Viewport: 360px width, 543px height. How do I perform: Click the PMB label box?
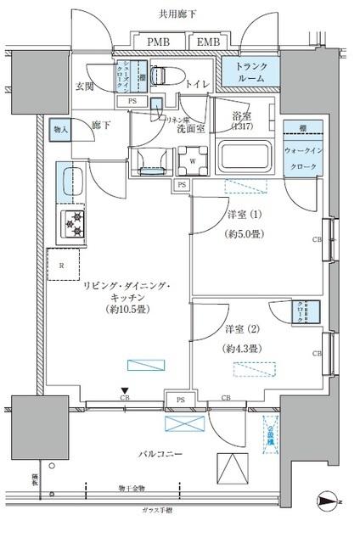click(157, 42)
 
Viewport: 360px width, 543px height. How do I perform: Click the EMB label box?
click(206, 42)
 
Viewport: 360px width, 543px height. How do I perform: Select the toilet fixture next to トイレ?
click(164, 76)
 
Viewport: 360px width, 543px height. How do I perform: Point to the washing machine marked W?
click(193, 159)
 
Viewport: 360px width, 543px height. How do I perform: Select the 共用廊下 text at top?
click(179, 14)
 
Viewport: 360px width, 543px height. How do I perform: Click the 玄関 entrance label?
click(84, 86)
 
